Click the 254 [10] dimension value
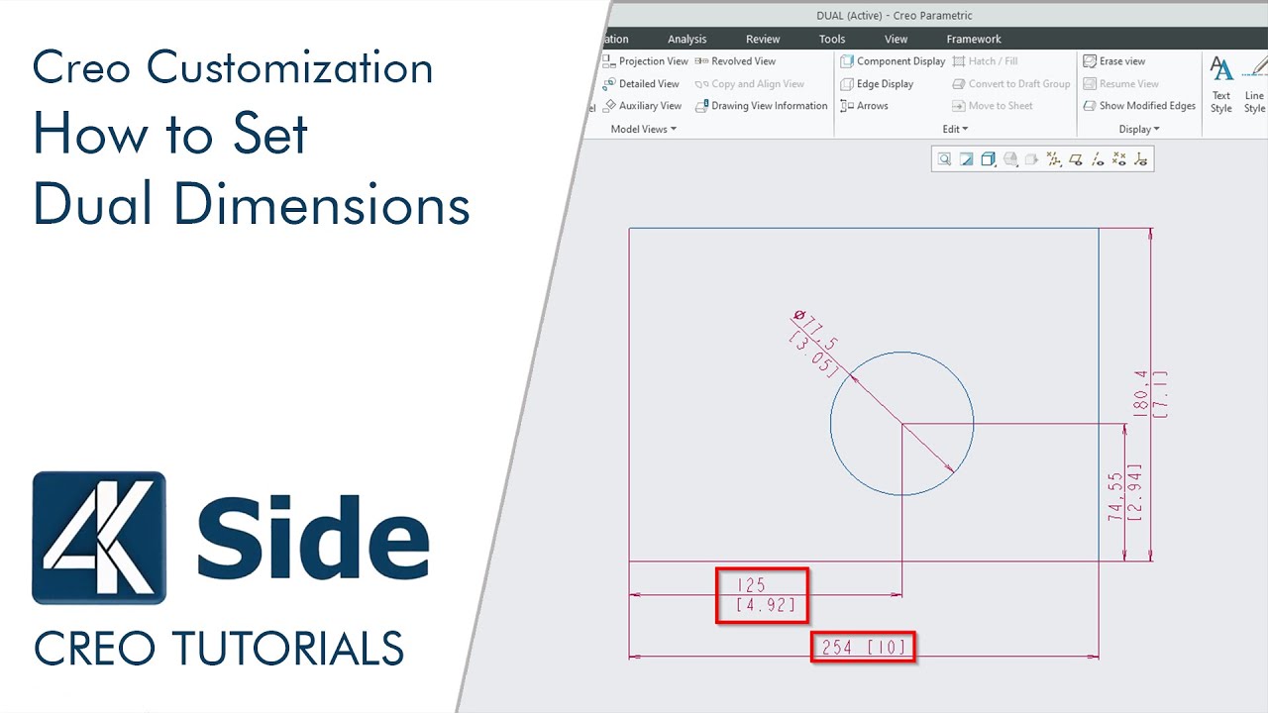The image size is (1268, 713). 862,647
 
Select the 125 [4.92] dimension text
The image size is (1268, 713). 762,595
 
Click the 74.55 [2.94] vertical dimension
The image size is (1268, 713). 1123,492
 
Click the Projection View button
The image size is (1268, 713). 645,61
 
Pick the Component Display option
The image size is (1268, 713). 893,61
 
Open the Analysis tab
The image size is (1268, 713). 687,40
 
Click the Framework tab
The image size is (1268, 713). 974,40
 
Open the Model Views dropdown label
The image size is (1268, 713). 643,130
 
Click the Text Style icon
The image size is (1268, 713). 1221,83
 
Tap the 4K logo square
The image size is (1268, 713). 99,537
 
